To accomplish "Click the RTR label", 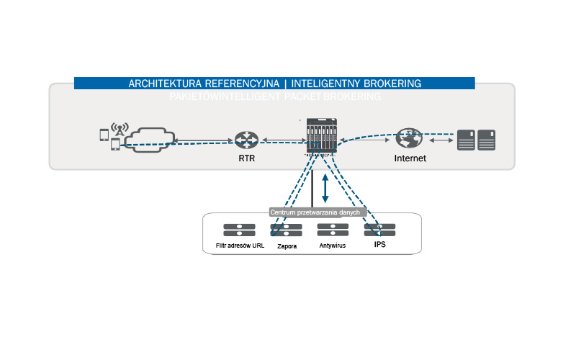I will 247,158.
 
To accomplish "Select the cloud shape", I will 148,138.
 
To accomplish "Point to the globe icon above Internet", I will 409,138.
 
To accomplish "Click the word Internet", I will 410,158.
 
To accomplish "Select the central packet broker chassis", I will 320,137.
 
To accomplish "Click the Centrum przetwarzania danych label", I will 319,212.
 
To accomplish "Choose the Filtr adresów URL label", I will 240,246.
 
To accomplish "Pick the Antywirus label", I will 333,246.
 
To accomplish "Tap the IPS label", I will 380,245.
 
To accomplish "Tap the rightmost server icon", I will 487,139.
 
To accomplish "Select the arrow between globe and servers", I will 441,140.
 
